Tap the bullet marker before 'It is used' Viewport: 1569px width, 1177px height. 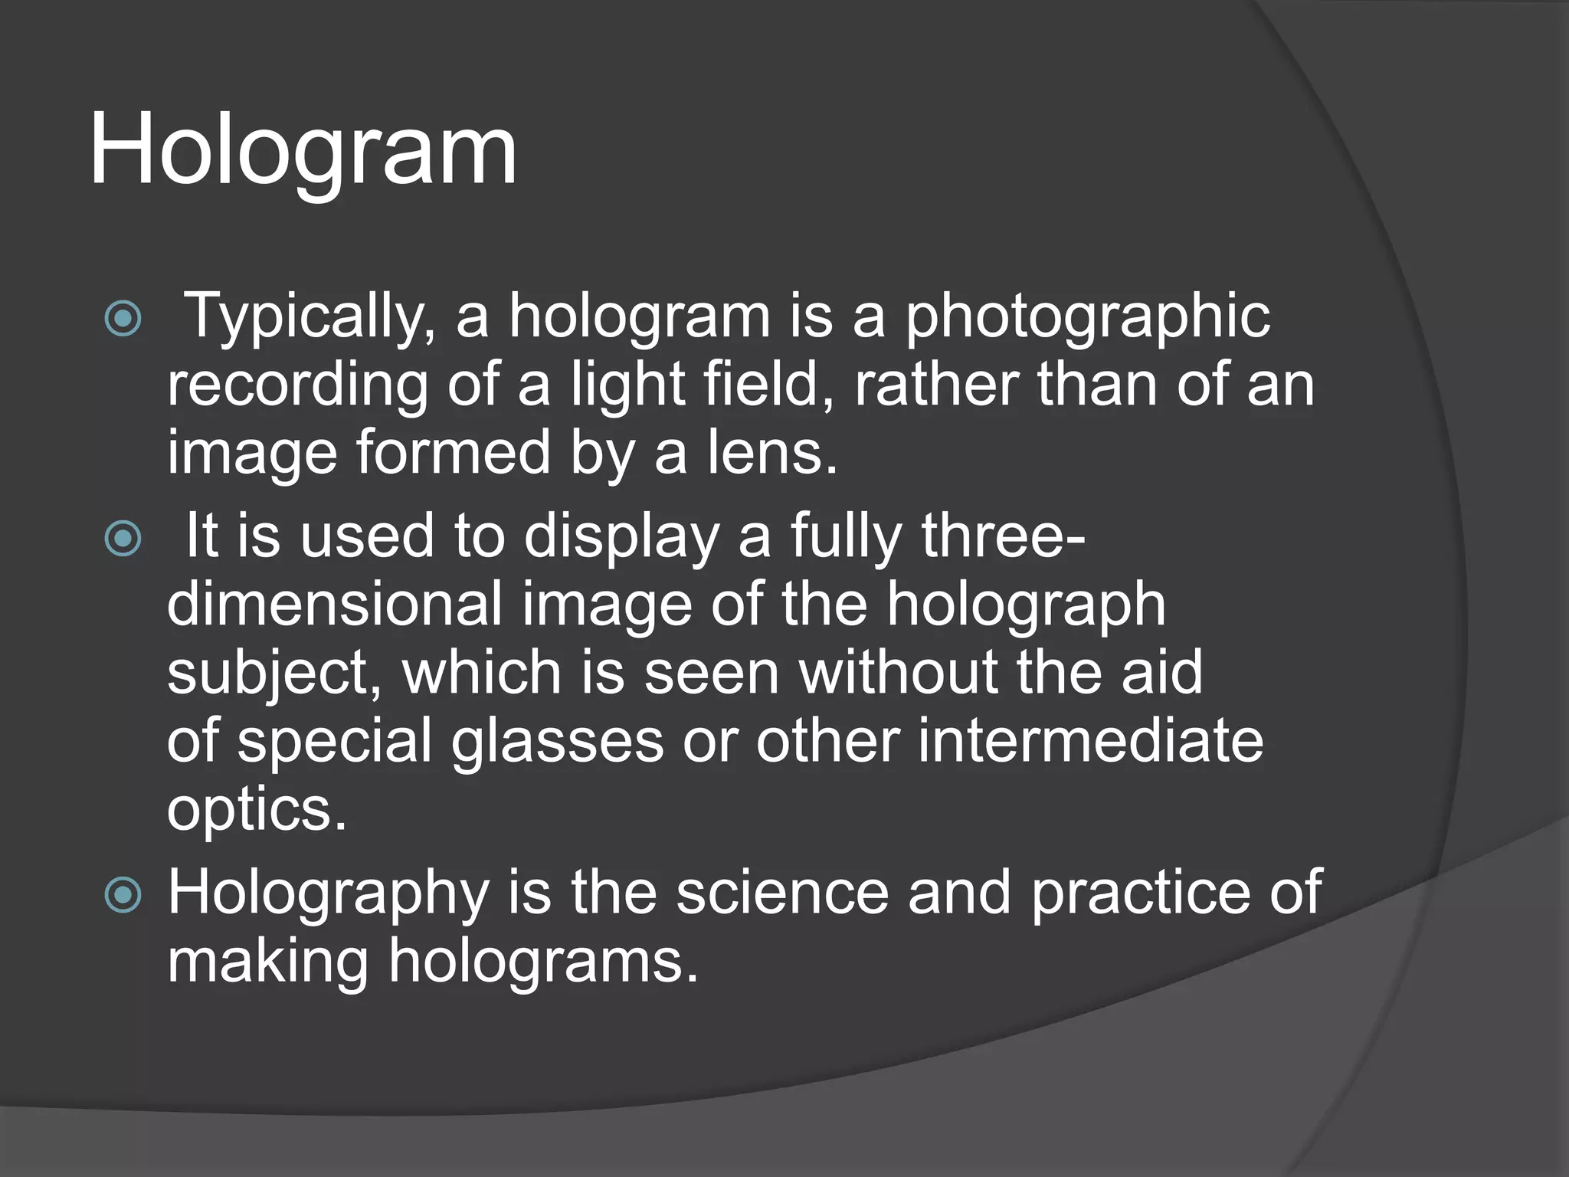[x=123, y=538]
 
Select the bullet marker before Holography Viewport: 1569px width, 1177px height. [x=123, y=894]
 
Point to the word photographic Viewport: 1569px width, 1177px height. [x=1087, y=316]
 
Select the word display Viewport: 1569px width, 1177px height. [x=621, y=536]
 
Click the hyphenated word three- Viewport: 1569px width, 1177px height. [x=1003, y=536]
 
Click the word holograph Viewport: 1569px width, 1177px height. [x=1026, y=604]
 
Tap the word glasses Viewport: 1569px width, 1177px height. [x=557, y=740]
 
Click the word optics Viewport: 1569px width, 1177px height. [x=257, y=809]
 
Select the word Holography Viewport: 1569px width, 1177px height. [x=329, y=893]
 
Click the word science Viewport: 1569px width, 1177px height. [x=782, y=893]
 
